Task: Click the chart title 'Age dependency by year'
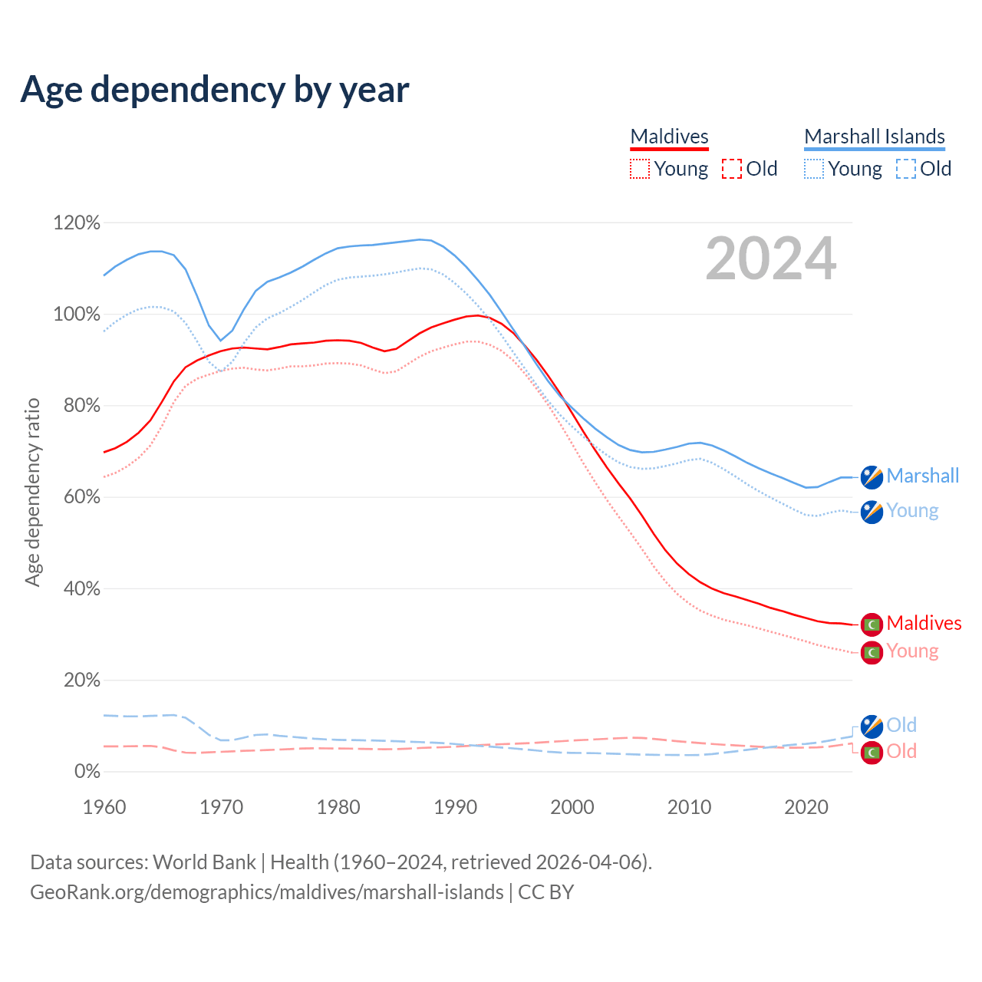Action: (x=215, y=90)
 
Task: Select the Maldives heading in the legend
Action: (x=669, y=137)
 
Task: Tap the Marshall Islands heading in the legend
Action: (x=875, y=137)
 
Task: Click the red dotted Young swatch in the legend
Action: (x=639, y=169)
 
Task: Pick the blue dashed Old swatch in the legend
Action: (x=905, y=169)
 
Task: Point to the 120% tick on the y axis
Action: (x=77, y=223)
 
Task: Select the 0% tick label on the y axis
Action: (x=87, y=772)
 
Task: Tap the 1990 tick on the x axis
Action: (x=455, y=807)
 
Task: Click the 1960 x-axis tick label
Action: (x=104, y=807)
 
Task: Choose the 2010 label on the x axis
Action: (x=689, y=807)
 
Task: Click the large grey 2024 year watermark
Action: (x=770, y=259)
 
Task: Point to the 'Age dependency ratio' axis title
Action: (x=32, y=492)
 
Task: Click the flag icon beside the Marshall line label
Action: (x=872, y=476)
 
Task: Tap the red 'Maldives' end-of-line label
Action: (x=924, y=623)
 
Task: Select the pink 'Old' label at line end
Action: (x=901, y=751)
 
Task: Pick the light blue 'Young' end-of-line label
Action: (x=912, y=511)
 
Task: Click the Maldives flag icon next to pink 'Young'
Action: (x=872, y=652)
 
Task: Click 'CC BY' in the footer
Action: (x=545, y=892)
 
